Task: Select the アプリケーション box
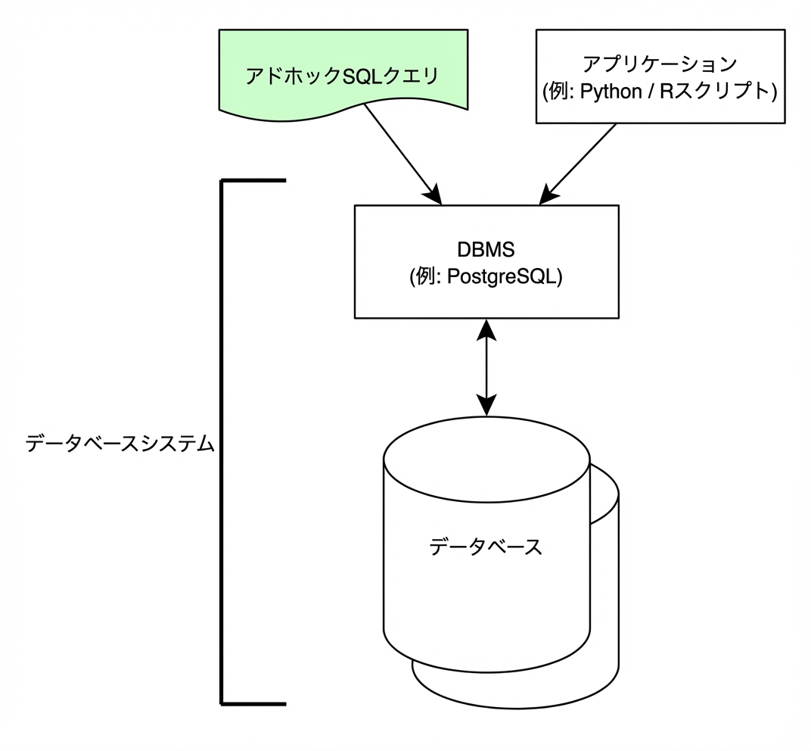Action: tap(659, 76)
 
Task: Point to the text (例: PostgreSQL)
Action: tap(486, 277)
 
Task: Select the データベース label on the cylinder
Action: tap(486, 546)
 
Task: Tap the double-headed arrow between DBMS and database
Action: tap(486, 367)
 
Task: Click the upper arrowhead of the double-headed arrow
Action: tap(486, 329)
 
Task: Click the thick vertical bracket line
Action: tap(222, 443)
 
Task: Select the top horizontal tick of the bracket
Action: tap(253, 181)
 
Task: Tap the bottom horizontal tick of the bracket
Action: tap(253, 703)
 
